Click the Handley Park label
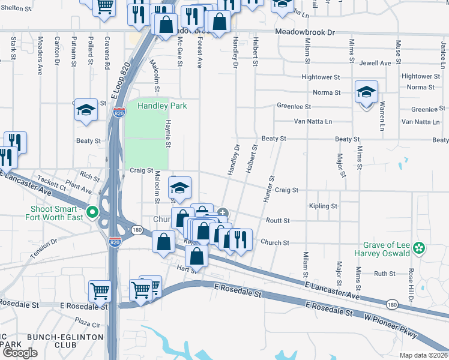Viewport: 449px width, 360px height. [162, 106]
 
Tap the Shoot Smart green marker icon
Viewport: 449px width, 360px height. [92, 212]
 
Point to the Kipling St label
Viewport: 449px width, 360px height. [323, 206]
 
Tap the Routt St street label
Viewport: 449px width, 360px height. [278, 221]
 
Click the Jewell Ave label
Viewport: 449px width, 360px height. [376, 63]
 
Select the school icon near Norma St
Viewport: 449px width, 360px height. [366, 92]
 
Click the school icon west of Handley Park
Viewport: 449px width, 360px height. [86, 110]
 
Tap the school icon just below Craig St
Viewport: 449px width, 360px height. [179, 188]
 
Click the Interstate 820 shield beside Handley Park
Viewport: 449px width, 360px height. [118, 112]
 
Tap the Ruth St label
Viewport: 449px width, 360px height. [384, 274]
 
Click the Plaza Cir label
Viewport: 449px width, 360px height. [88, 325]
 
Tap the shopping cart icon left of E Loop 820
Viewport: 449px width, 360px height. [100, 292]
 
